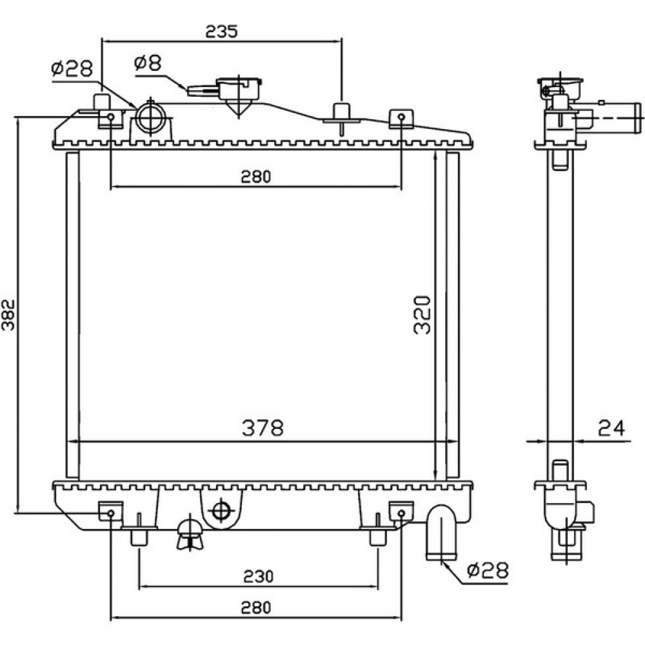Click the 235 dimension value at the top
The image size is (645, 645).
222,31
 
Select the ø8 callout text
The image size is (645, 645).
148,63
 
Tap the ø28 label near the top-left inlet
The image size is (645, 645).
72,69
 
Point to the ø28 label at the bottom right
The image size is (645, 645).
488,570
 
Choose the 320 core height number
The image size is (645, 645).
422,315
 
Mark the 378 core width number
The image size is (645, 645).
263,428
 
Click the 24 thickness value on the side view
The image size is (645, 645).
611,428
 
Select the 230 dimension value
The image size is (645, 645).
258,576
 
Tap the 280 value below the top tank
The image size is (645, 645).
256,177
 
